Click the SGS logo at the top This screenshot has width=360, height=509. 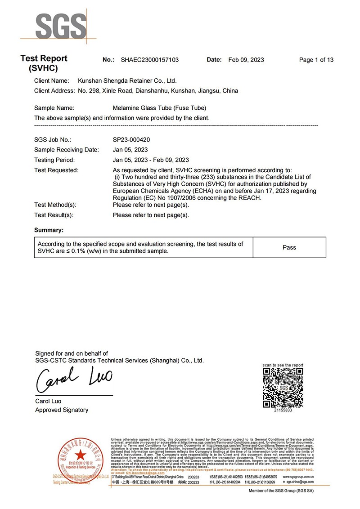click(x=61, y=26)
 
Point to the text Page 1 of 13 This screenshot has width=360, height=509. click(x=316, y=60)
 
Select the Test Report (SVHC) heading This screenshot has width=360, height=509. click(x=44, y=63)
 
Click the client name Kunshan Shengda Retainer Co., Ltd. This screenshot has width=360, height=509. click(x=127, y=81)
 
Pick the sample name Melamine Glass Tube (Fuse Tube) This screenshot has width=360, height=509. click(x=159, y=108)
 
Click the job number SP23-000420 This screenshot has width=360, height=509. click(x=132, y=140)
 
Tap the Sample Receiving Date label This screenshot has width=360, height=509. click(x=66, y=150)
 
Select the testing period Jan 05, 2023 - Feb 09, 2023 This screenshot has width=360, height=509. click(x=150, y=160)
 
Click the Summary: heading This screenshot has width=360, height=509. click(x=49, y=230)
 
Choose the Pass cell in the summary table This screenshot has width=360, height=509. click(x=289, y=247)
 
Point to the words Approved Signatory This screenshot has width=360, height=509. click(x=62, y=410)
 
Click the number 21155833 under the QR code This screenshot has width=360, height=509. click(x=283, y=411)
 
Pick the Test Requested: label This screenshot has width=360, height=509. click(x=56, y=170)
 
